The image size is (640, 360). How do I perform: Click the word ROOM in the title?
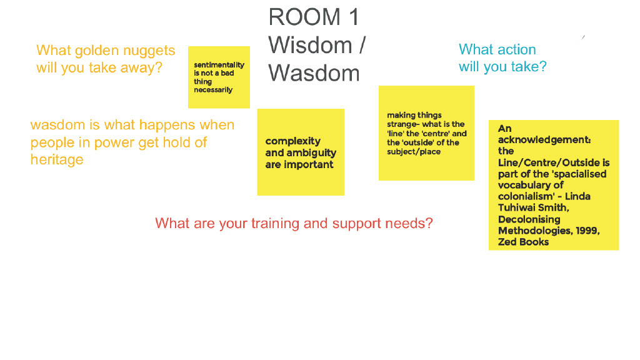tap(304, 17)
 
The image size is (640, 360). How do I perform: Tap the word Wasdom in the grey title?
tap(314, 74)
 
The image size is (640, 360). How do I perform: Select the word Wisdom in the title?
tap(310, 45)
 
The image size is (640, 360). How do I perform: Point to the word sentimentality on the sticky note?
tap(219, 65)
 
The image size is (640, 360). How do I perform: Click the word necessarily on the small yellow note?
tap(213, 90)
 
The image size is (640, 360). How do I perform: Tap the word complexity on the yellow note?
tap(292, 141)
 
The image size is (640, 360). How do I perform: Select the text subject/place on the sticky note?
tap(414, 152)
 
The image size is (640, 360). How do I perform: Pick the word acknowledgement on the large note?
tap(544, 140)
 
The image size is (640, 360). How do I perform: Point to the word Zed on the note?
tap(507, 242)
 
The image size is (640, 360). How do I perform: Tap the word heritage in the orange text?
tap(57, 159)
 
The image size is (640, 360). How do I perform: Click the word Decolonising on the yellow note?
tap(529, 219)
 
